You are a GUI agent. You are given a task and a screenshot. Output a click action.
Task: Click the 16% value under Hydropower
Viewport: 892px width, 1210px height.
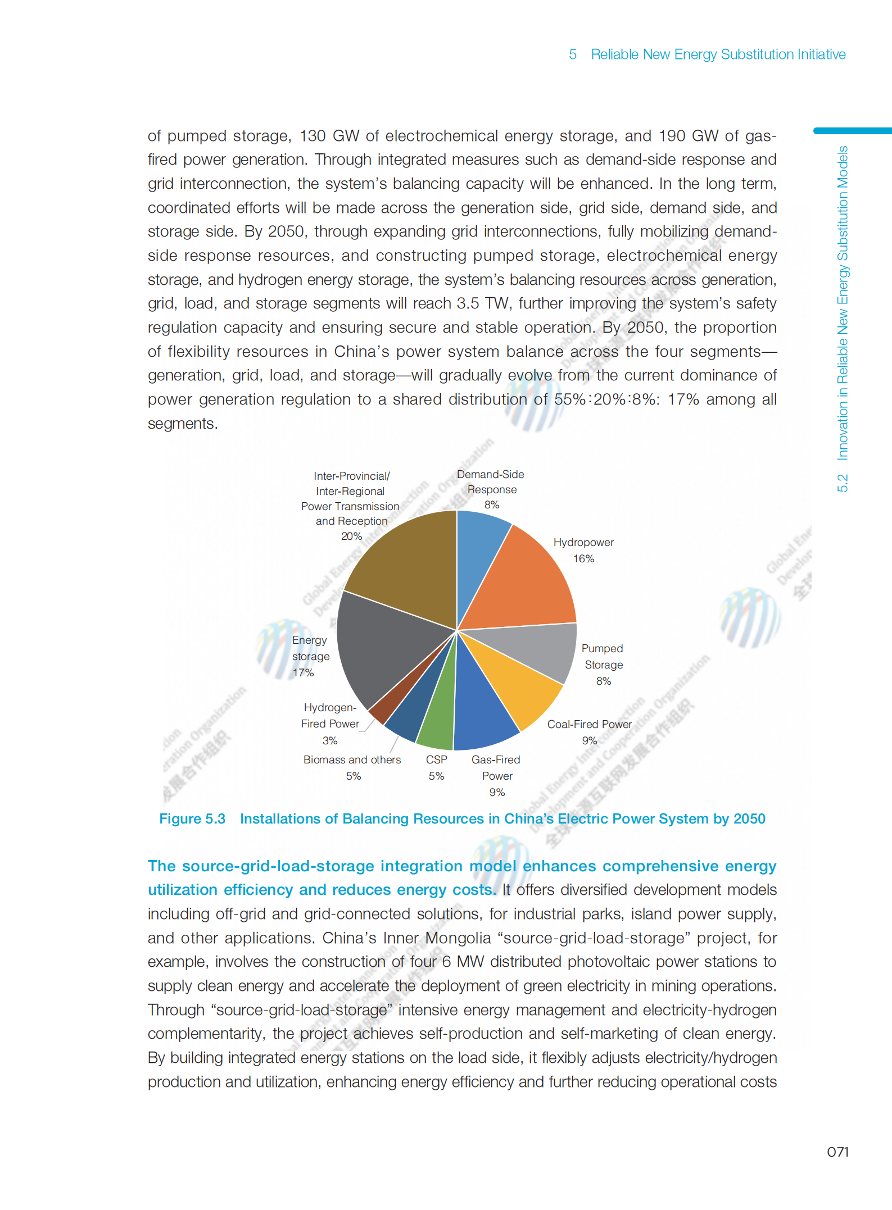click(583, 558)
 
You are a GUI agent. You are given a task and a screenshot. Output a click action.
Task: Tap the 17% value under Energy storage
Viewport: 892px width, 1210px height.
click(303, 672)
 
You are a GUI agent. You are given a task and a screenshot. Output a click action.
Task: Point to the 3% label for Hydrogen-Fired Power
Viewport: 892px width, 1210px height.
click(330, 740)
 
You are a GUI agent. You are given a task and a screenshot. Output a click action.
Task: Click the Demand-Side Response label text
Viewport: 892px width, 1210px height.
click(491, 482)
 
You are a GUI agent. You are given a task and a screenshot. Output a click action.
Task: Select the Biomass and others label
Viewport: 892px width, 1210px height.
click(352, 759)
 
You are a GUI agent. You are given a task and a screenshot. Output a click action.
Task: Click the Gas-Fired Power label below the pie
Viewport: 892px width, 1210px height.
click(496, 767)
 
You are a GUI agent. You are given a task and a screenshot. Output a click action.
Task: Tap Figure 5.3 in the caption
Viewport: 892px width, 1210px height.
click(192, 818)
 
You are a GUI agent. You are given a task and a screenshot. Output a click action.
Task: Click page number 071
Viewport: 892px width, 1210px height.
click(837, 1152)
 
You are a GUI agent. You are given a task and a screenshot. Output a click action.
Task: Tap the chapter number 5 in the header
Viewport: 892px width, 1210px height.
click(573, 54)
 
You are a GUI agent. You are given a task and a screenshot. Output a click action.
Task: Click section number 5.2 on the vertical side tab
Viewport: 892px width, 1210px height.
click(842, 483)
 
